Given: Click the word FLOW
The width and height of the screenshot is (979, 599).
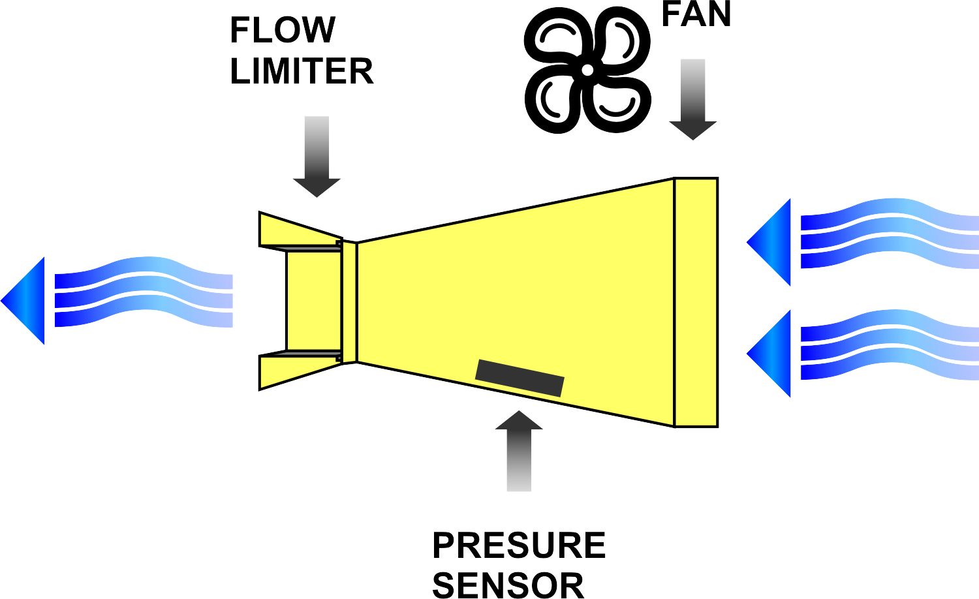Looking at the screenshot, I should (x=283, y=30).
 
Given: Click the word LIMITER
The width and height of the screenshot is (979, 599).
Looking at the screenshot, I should (x=302, y=71).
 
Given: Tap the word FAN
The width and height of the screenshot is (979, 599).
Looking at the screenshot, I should (x=696, y=14).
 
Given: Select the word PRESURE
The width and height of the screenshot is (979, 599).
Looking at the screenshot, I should (x=519, y=545).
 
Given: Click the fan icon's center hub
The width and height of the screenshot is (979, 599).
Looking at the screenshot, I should (x=587, y=70).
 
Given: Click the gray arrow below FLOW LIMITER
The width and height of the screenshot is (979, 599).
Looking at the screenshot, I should (x=317, y=157).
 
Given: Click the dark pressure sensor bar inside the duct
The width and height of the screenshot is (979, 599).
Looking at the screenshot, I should (x=520, y=378).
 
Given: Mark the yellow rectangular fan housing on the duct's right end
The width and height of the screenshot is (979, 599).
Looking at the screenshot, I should (x=696, y=302).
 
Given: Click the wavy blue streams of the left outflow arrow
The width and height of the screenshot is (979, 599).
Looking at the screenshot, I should (x=144, y=292).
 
